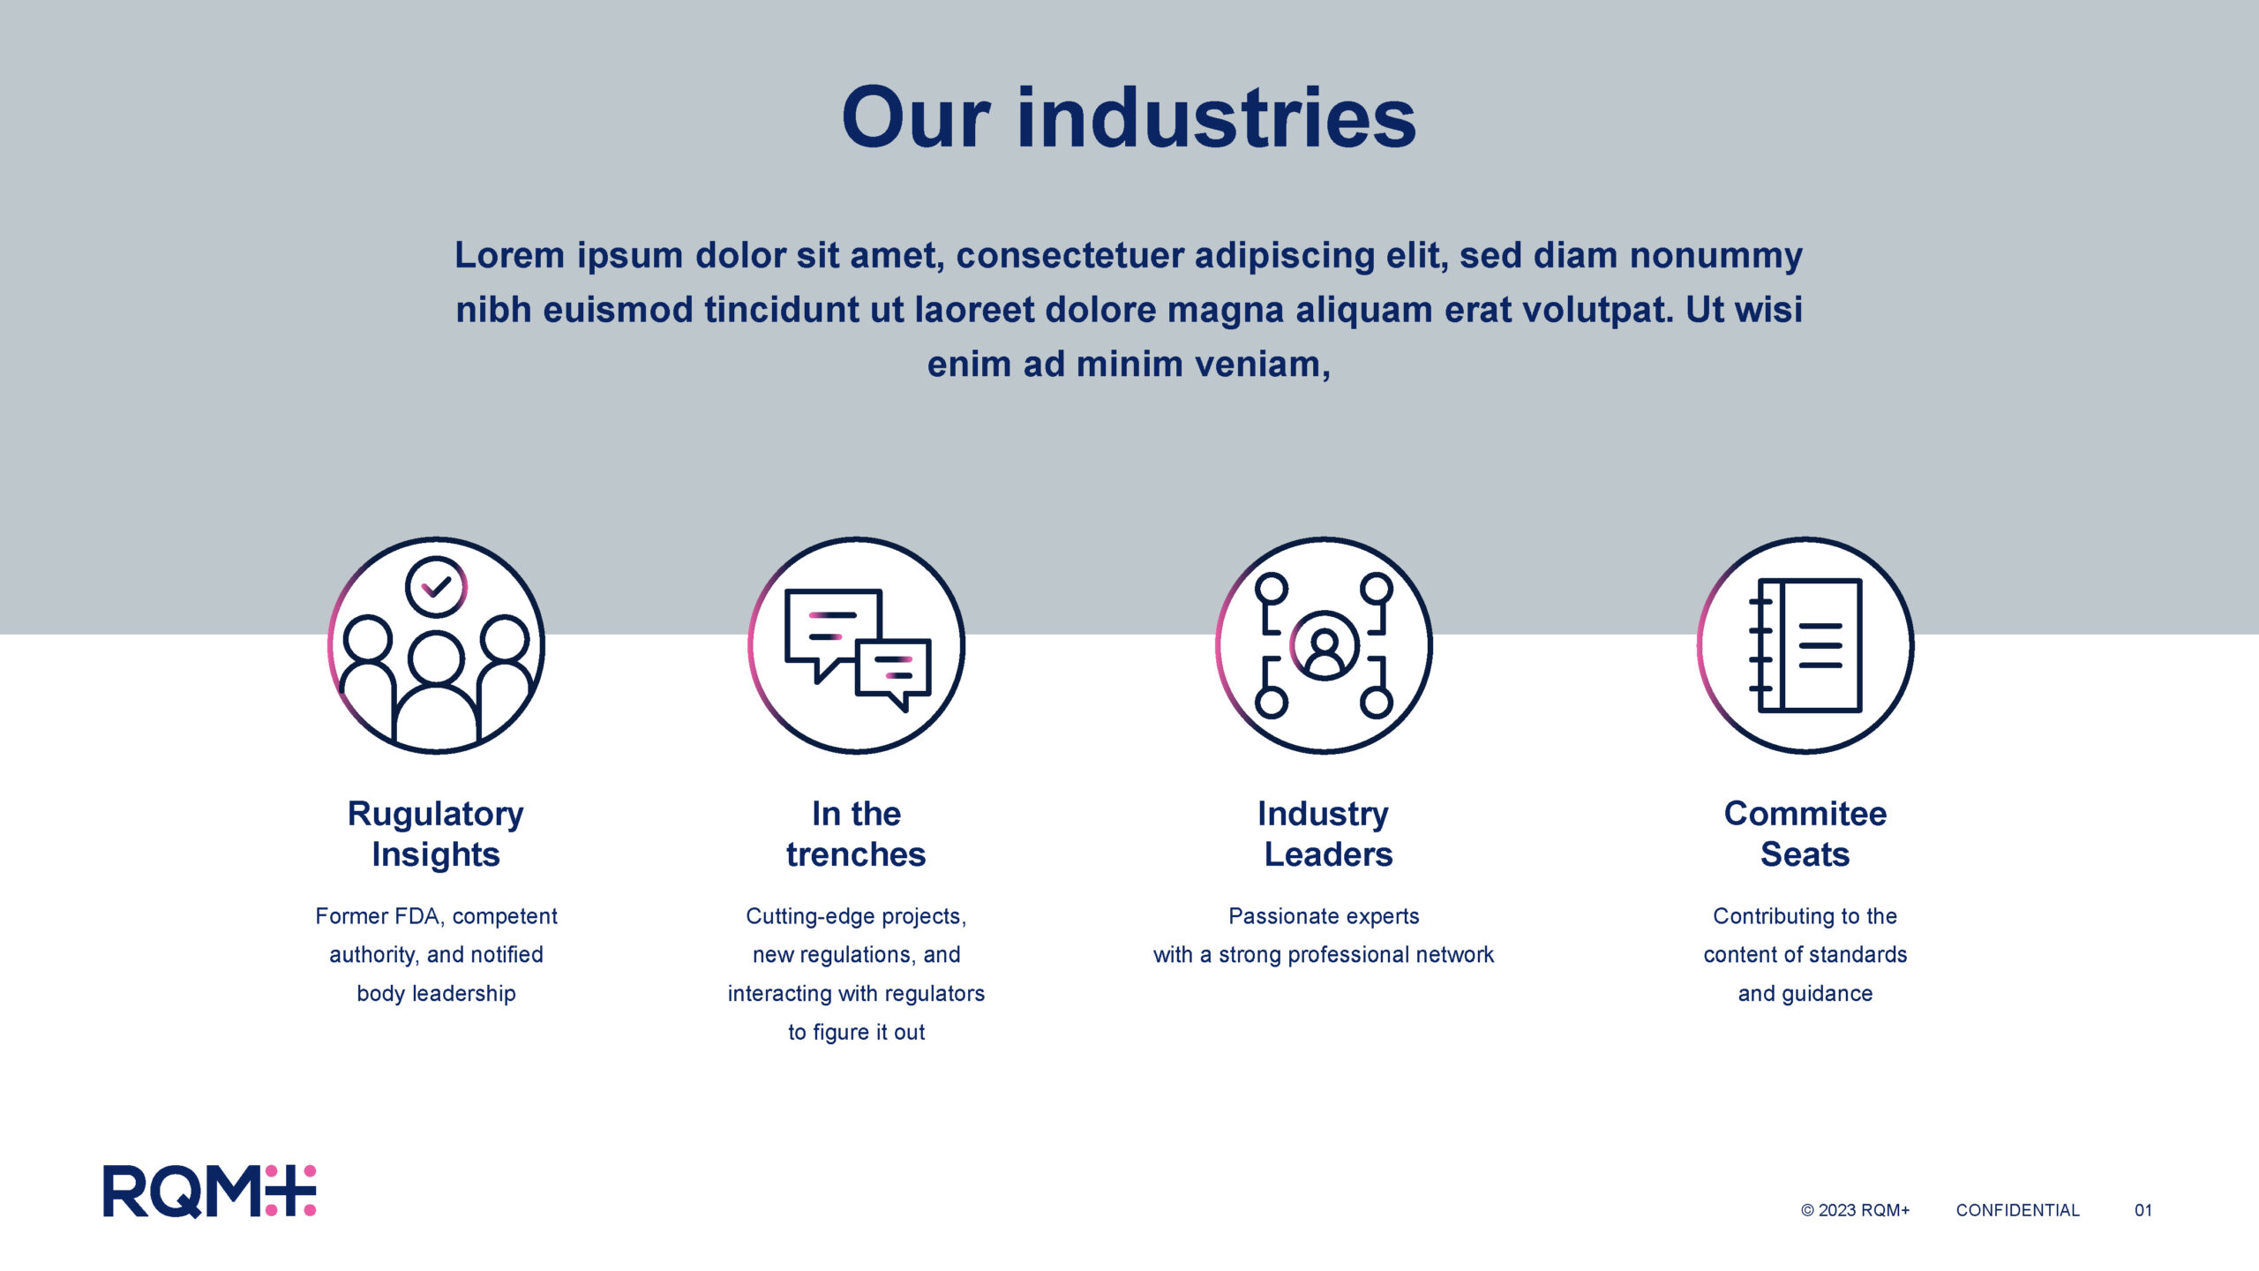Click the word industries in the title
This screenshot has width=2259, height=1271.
(x=1217, y=117)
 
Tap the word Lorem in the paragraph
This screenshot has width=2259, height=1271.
(x=509, y=255)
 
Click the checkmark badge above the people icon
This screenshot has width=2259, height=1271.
(x=436, y=586)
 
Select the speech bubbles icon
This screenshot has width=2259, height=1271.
(x=857, y=649)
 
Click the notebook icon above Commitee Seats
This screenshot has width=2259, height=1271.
(x=1805, y=645)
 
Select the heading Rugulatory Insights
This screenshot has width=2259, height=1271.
(x=436, y=834)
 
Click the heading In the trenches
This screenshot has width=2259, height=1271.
(x=856, y=834)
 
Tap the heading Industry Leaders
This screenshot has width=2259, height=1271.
(x=1325, y=834)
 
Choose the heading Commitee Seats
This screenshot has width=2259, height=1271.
(x=1805, y=834)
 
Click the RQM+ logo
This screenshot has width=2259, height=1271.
(x=209, y=1192)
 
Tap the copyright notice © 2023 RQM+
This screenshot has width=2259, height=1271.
(x=1855, y=1210)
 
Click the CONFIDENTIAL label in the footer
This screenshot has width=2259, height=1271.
(x=2017, y=1210)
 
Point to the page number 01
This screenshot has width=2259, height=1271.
(x=2143, y=1210)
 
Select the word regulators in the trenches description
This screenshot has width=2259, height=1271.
(x=934, y=994)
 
